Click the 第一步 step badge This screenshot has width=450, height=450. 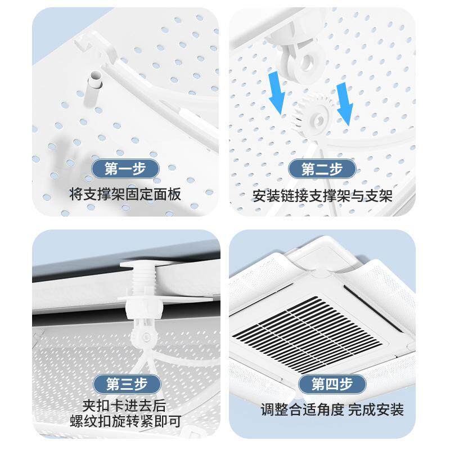click(125, 168)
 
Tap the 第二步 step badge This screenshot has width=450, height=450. click(322, 169)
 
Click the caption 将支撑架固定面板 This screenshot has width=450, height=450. click(125, 195)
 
